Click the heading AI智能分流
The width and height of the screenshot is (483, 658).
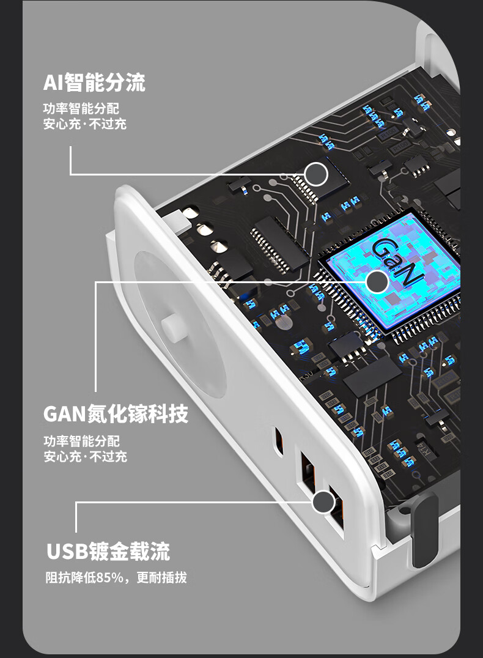(94, 83)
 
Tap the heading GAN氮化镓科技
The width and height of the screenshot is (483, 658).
(116, 414)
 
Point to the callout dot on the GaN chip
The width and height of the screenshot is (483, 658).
(377, 282)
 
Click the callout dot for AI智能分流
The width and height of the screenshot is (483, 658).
(316, 174)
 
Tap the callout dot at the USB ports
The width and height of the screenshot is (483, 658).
(323, 502)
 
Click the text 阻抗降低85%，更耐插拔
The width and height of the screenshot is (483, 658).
(116, 577)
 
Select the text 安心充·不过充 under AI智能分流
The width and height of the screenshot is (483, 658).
(85, 124)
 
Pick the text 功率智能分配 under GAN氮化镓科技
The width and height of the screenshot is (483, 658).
(81, 441)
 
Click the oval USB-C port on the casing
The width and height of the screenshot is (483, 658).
(279, 441)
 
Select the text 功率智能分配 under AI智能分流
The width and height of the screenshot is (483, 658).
(81, 109)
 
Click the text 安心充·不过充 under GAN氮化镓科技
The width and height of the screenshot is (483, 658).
(85, 456)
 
